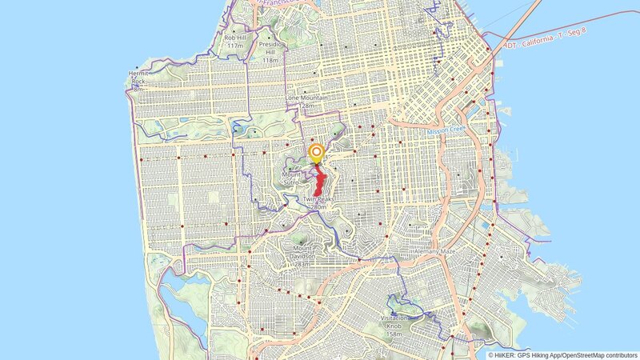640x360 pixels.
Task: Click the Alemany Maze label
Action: (x=434, y=251)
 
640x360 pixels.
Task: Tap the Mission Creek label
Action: (x=446, y=130)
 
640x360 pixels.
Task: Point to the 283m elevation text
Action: (x=302, y=264)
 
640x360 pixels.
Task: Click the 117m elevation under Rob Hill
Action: (x=235, y=46)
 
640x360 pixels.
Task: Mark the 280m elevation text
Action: (x=318, y=207)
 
